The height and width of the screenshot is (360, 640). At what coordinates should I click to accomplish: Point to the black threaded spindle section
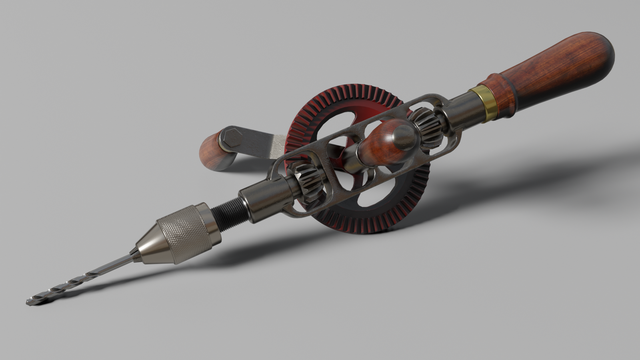(x=228, y=215)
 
